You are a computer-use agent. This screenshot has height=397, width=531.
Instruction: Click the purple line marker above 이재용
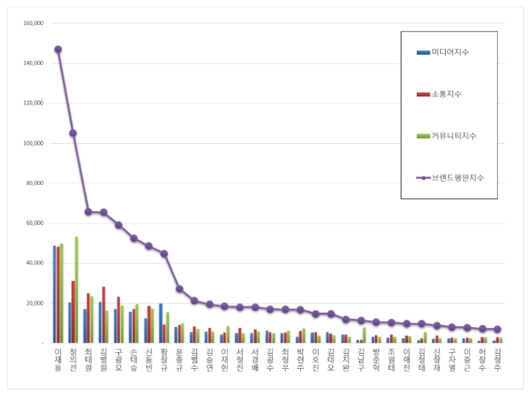click(58, 49)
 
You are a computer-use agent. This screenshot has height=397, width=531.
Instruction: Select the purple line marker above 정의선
click(73, 133)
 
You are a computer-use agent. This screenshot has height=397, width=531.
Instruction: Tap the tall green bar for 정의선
click(76, 289)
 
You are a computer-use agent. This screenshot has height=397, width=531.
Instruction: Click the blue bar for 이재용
click(55, 294)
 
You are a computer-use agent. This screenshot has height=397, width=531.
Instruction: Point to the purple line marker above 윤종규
click(179, 289)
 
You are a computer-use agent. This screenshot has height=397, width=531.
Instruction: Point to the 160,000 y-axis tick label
click(31, 23)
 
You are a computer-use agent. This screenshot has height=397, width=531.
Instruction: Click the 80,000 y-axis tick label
click(32, 183)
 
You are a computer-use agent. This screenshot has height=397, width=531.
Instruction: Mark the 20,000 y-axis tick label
click(32, 303)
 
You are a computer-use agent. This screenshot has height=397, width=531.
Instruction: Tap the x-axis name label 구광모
click(118, 359)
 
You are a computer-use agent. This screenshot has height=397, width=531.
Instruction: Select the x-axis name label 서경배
click(255, 359)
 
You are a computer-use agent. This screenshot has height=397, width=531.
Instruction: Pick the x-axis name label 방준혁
click(376, 359)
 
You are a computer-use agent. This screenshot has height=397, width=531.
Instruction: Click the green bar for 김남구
click(364, 334)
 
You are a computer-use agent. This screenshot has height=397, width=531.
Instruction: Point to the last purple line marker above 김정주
click(497, 329)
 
